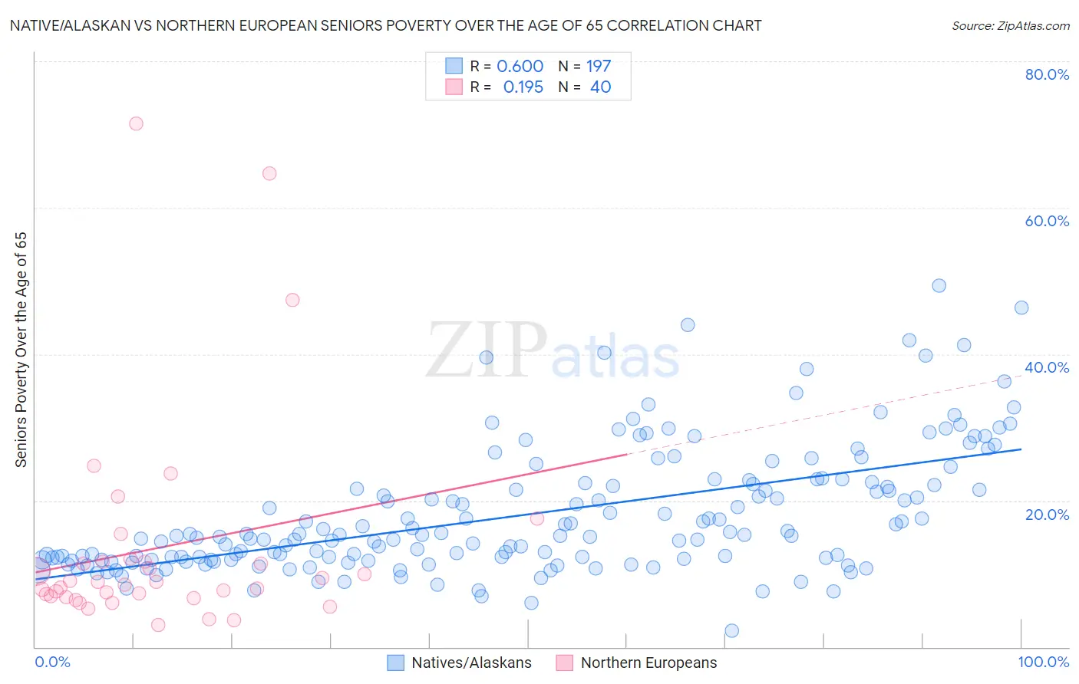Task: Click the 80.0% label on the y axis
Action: point(1046,74)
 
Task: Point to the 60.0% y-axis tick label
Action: point(1046,221)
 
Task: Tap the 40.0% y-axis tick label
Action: point(1046,367)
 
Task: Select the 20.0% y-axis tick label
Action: point(1046,514)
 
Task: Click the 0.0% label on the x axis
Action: point(52,662)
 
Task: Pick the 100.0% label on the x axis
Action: point(1043,662)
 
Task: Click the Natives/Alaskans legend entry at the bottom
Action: point(470,663)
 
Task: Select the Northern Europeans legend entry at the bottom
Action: point(648,663)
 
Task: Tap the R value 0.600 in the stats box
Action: point(520,66)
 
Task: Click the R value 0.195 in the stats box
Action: point(523,87)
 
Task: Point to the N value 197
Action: point(599,66)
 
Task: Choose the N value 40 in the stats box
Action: point(600,87)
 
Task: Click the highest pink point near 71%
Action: point(136,123)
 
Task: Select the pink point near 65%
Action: point(269,173)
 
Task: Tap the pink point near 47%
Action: point(292,300)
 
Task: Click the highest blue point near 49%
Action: point(939,285)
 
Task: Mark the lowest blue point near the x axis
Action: point(731,630)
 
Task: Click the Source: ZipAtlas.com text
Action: point(1010,25)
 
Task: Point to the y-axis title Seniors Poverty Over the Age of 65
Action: point(21,349)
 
